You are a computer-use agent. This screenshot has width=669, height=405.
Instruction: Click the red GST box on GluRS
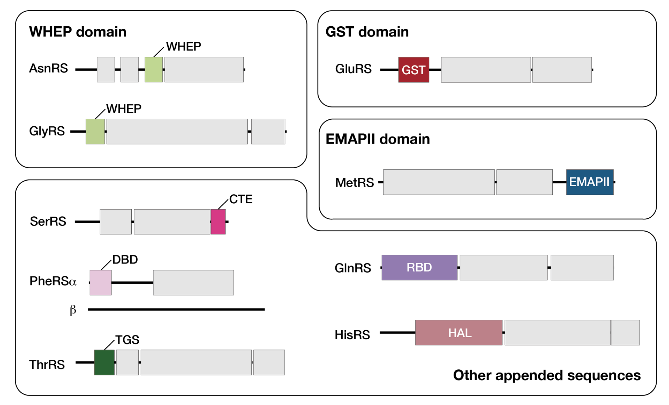click(414, 70)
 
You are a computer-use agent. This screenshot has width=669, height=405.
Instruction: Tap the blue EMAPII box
click(589, 182)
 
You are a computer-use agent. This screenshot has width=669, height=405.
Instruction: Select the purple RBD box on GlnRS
click(419, 267)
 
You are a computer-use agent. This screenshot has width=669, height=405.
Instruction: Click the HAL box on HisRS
click(458, 332)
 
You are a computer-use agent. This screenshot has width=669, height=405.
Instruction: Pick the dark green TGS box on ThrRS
click(104, 362)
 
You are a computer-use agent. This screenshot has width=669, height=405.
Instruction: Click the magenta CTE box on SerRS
click(218, 221)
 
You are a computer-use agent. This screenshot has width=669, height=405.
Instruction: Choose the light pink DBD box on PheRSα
click(100, 282)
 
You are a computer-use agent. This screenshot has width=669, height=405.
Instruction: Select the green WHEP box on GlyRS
click(95, 131)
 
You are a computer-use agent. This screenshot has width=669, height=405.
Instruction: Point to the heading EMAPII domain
click(377, 139)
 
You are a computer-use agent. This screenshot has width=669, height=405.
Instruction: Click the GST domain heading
click(367, 32)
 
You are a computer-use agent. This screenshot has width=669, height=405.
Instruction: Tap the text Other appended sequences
click(547, 375)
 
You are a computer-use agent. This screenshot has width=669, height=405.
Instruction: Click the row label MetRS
click(354, 183)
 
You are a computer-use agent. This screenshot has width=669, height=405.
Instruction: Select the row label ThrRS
click(47, 364)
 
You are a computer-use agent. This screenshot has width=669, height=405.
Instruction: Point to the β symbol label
click(73, 310)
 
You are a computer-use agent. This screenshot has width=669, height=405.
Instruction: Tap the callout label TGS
click(127, 340)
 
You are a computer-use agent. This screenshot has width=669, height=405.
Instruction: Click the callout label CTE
click(241, 199)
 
